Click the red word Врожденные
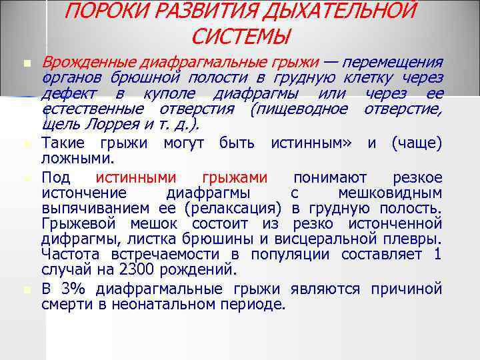pos(89,63)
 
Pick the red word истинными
pos(137,177)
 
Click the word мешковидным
pos(390,193)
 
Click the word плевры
pos(415,239)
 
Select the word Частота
pos(69,255)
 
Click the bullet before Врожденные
pos(27,64)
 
